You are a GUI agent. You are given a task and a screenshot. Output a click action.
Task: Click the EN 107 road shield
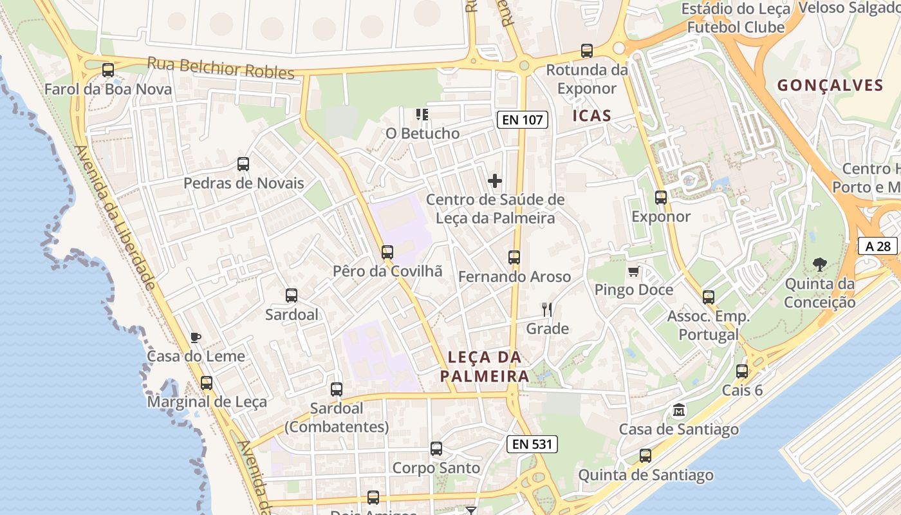tap(522, 119)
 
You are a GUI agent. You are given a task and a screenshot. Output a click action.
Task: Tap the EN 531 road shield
tap(532, 444)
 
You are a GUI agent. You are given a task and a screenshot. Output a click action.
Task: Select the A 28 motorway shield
tap(878, 245)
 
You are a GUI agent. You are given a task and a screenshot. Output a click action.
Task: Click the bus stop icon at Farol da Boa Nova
tap(108, 70)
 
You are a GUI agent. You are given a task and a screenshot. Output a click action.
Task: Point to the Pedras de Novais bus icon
tap(243, 164)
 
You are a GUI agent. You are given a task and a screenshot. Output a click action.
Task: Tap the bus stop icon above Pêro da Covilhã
tap(387, 252)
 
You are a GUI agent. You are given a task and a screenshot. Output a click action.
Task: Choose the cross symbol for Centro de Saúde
tap(495, 181)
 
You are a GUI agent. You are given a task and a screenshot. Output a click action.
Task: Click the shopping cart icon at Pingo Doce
tap(634, 271)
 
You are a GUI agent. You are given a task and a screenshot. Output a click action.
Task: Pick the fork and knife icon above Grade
tap(547, 310)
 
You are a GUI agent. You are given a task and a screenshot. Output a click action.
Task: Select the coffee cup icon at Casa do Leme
tap(196, 337)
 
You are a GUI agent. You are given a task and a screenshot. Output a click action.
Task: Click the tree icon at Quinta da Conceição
tap(820, 264)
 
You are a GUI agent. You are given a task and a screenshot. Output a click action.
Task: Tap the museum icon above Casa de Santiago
tap(679, 410)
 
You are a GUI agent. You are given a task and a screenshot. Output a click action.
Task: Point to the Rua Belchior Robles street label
tap(221, 68)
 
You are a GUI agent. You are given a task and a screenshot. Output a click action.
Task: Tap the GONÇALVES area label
tap(830, 85)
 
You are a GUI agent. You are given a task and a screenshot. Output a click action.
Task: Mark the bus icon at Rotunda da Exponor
tap(586, 51)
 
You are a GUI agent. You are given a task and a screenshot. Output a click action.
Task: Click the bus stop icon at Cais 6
tap(742, 371)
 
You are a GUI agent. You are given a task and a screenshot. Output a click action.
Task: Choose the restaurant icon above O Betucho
tap(422, 115)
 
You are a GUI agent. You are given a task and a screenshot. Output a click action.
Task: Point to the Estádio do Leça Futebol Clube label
tap(736, 18)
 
